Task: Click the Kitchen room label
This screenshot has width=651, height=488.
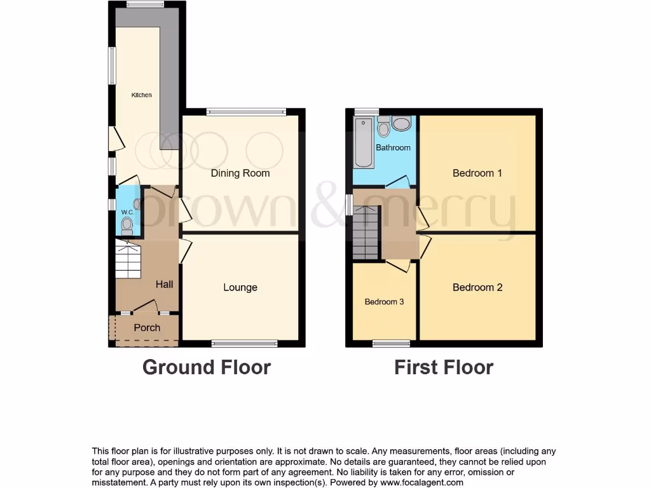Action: click(142, 95)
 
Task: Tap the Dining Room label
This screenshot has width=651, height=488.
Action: click(240, 173)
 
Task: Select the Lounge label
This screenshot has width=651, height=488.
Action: click(240, 287)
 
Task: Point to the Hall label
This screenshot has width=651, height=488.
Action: click(165, 284)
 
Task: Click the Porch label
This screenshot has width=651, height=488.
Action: click(147, 328)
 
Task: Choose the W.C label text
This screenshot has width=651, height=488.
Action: click(127, 212)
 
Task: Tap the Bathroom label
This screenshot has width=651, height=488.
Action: click(393, 147)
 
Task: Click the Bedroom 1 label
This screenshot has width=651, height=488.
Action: click(477, 173)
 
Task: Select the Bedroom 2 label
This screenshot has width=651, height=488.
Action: click(477, 287)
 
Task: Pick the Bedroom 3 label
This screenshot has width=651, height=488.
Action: click(384, 302)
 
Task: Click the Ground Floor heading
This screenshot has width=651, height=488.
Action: click(207, 367)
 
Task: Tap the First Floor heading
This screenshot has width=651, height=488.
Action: click(444, 367)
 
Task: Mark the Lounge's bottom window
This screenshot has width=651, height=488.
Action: click(245, 344)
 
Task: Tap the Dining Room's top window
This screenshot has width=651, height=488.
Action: click(245, 112)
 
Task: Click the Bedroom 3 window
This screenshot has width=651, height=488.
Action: click(391, 344)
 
